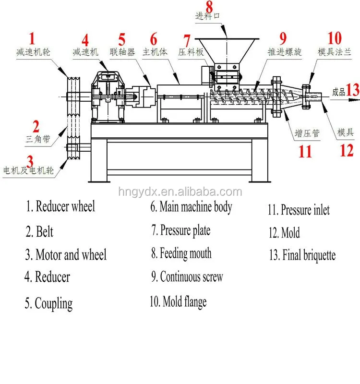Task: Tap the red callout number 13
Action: (353, 90)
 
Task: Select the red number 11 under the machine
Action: (305, 152)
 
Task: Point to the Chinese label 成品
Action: (338, 92)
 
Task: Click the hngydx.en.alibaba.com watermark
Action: (180, 192)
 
